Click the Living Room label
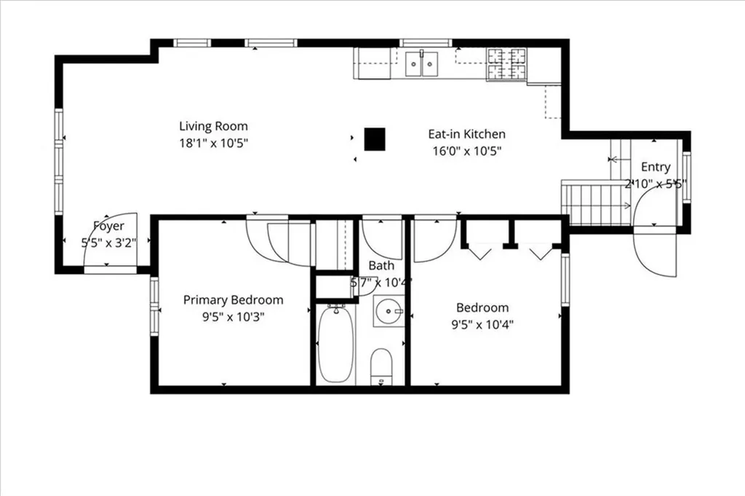(x=214, y=126)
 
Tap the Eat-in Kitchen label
(x=466, y=134)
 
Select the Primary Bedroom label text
(x=233, y=300)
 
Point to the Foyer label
(x=108, y=227)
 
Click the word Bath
(x=381, y=266)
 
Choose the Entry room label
(x=656, y=168)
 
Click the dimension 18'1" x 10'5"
(x=214, y=143)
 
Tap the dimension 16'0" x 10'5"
(x=466, y=151)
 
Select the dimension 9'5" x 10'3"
(x=233, y=318)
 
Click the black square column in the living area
(x=375, y=138)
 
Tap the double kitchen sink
(x=422, y=64)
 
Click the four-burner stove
(x=506, y=64)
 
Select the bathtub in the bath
(x=335, y=345)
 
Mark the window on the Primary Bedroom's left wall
(x=154, y=306)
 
